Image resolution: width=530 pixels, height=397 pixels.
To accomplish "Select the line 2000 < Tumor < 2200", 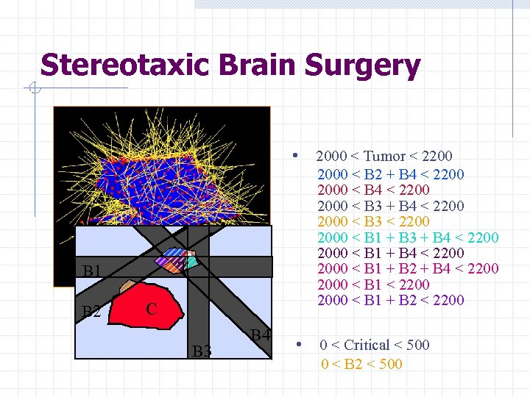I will tap(384, 156).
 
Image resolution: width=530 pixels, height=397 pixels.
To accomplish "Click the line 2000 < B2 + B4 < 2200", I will tap(390, 174).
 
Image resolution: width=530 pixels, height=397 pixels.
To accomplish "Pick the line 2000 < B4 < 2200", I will tap(373, 190).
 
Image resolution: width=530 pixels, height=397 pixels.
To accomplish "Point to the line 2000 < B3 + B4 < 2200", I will tap(390, 206).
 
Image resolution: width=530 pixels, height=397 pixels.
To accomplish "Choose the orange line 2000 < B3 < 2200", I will tap(373, 221).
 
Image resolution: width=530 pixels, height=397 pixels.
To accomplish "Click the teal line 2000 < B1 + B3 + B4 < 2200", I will tap(408, 237).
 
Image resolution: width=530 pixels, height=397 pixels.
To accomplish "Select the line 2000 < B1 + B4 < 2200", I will tap(390, 253).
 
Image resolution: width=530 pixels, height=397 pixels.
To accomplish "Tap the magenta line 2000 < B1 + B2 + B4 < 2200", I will tap(408, 268).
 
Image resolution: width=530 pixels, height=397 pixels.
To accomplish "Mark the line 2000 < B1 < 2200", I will tap(373, 285).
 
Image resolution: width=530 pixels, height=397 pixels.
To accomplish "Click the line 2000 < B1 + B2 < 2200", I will tap(390, 300).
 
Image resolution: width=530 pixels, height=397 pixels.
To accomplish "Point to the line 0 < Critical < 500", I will tap(375, 345).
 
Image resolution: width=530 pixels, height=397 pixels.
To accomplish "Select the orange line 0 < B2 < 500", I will tap(361, 363).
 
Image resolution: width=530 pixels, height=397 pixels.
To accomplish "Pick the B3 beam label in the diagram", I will tap(202, 351).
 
